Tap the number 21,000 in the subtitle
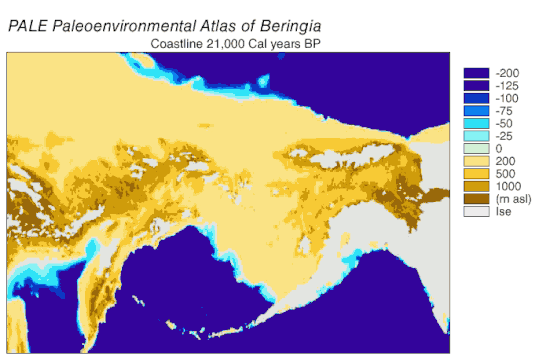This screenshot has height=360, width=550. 236,44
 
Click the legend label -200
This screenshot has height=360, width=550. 505,73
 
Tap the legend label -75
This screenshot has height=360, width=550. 503,111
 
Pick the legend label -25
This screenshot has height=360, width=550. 503,135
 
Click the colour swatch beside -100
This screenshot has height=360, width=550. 475,98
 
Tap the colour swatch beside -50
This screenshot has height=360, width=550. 475,123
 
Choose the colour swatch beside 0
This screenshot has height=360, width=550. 475,148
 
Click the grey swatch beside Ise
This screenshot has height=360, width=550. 475,211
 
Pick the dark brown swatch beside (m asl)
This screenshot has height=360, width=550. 475,199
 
